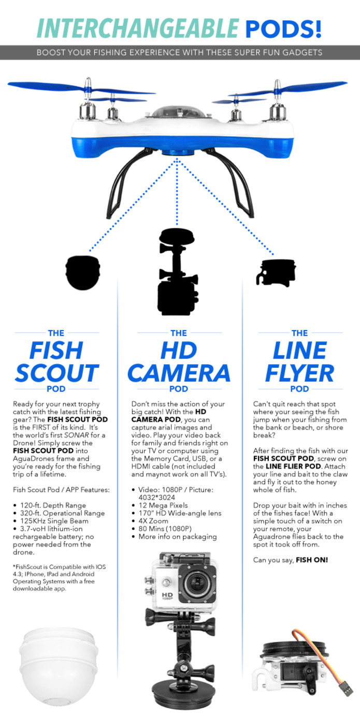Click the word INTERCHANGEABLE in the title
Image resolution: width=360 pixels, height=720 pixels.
click(x=138, y=28)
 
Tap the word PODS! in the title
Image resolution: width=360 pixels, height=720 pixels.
click(x=283, y=28)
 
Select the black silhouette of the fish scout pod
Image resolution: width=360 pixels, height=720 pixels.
click(x=83, y=272)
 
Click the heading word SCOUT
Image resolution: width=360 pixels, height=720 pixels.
click(x=56, y=373)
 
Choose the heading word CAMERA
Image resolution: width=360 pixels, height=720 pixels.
click(x=179, y=373)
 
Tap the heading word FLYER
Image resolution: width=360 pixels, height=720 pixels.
click(x=299, y=373)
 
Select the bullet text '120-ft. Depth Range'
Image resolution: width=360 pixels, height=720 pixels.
click(x=53, y=505)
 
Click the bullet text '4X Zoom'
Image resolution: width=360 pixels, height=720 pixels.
click(x=153, y=521)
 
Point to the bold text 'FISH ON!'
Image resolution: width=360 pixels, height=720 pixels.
click(x=312, y=560)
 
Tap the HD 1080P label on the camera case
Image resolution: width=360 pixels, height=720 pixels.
click(x=167, y=597)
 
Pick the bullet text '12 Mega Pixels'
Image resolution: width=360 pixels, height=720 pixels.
click(x=163, y=505)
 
